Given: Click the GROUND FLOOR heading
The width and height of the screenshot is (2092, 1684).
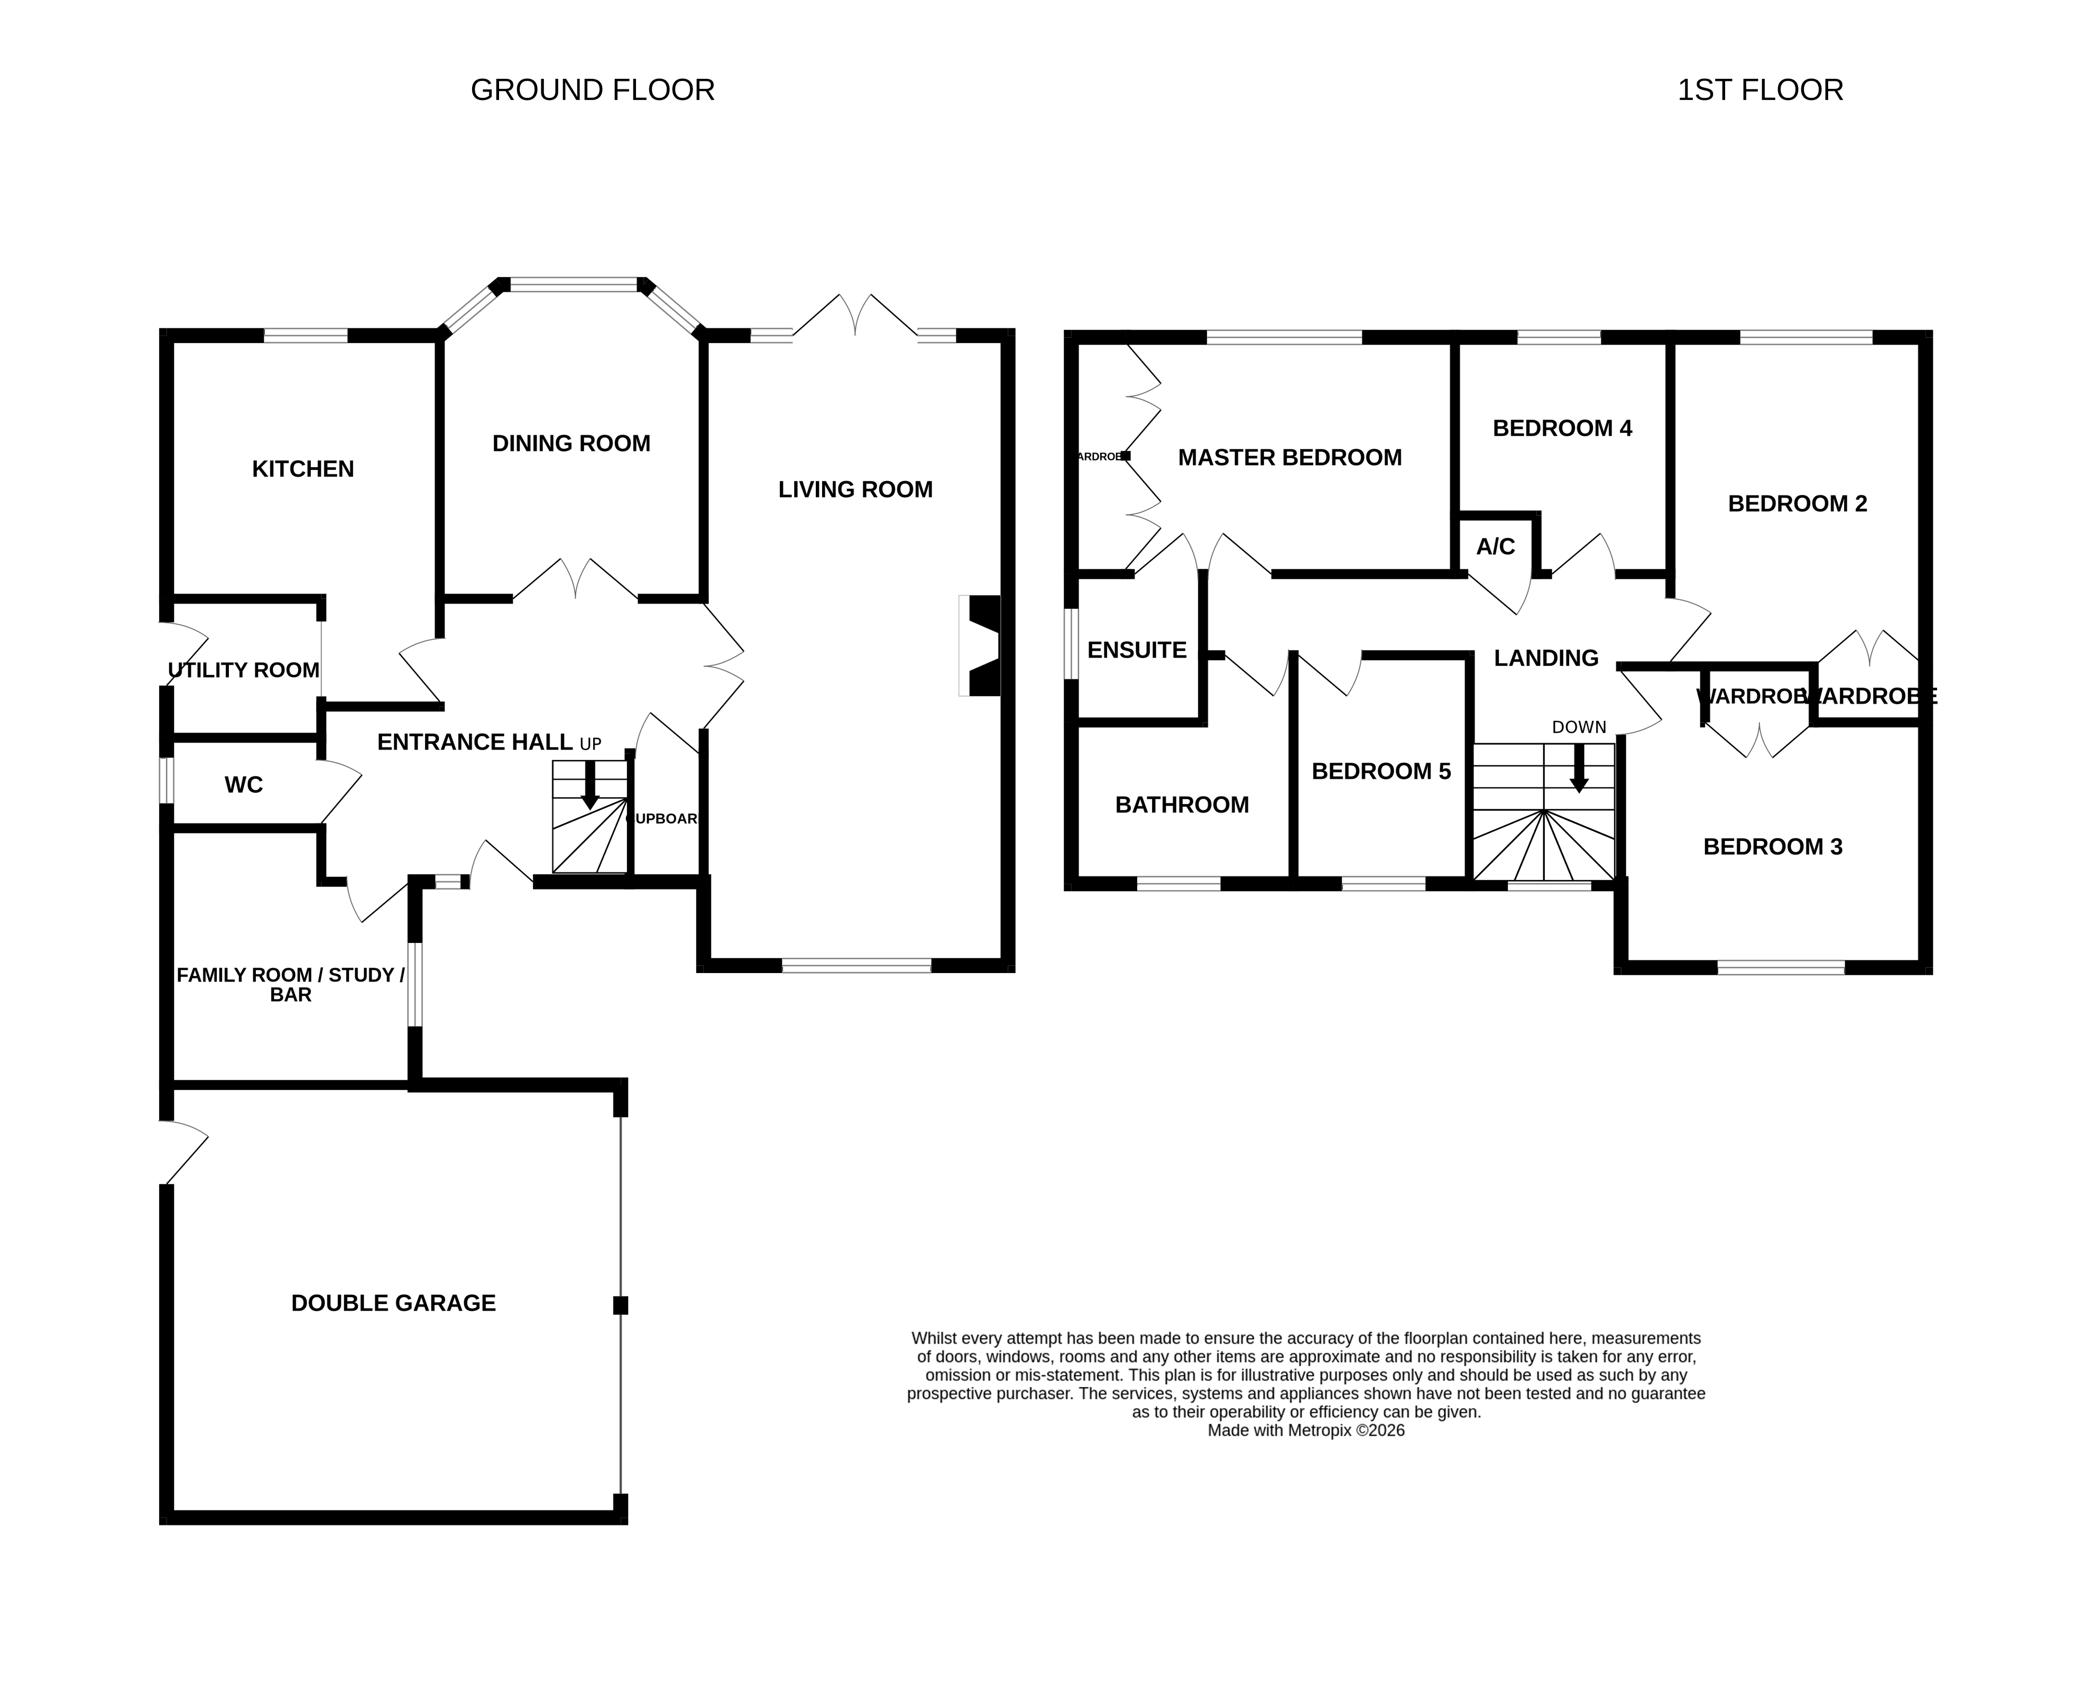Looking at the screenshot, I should click(x=592, y=90).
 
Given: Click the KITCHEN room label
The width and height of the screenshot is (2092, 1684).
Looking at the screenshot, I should click(x=303, y=469).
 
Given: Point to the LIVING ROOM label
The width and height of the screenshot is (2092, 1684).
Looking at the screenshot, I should click(x=855, y=490).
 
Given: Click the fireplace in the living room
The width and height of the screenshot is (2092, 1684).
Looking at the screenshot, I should click(x=982, y=645).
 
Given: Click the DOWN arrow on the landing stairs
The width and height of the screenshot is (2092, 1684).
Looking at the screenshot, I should click(x=1579, y=769).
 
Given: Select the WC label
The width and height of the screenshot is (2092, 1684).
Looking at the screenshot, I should click(x=244, y=785).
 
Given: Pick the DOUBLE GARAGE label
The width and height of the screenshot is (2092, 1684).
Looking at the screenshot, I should click(x=393, y=1303).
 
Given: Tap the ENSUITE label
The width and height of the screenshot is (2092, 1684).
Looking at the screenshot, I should click(x=1136, y=650).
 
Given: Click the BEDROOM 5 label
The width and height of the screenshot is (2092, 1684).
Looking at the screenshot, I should click(x=1381, y=771).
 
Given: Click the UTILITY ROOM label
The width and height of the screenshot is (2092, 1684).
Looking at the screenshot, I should click(x=244, y=670).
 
